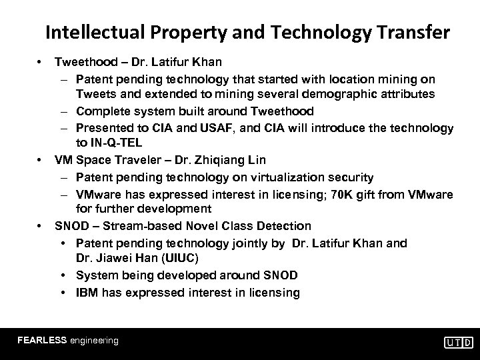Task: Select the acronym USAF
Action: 219,127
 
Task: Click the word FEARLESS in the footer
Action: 42,340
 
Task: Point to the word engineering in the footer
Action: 94,340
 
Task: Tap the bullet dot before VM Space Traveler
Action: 41,160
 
